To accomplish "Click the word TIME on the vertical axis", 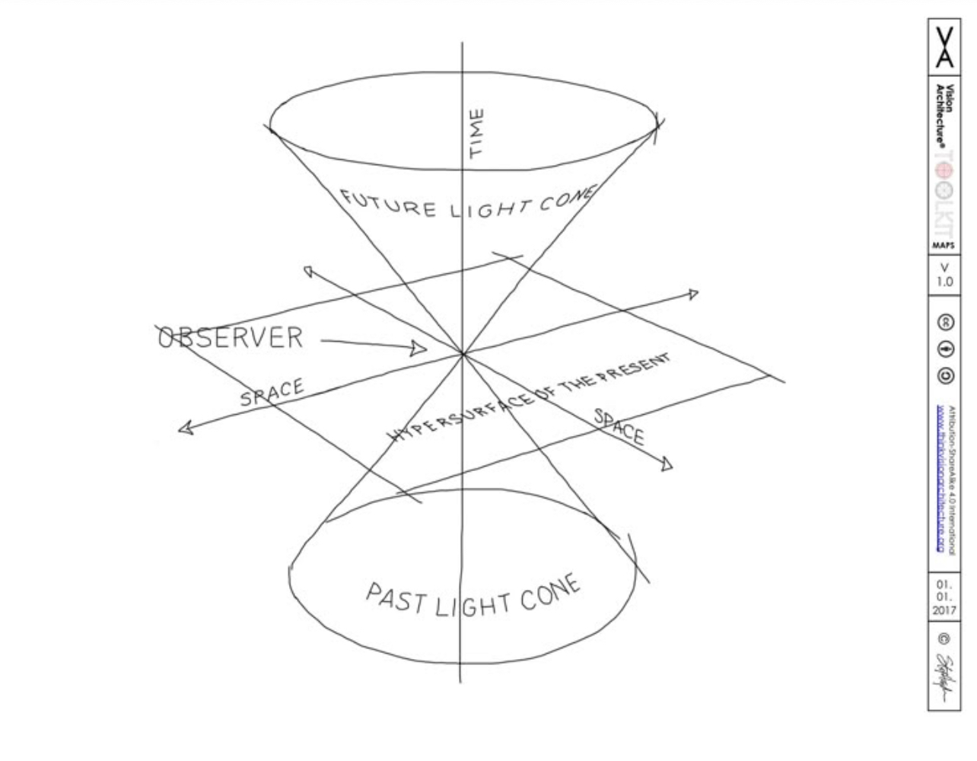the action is pos(476,135).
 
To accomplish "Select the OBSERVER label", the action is pos(230,337).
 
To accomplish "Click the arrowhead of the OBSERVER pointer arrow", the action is pos(418,349).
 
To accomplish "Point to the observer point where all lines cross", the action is pos(462,354).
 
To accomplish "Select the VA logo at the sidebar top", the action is pos(944,46).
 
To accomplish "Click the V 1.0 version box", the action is pos(944,275).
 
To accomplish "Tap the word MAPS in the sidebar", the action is pos(944,246).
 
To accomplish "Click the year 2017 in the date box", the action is pos(944,610).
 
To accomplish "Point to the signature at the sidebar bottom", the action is pos(944,677).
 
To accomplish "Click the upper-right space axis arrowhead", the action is pos(692,294).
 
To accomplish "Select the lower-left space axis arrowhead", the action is pos(184,428).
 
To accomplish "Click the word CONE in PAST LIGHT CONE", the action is pos(551,594).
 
